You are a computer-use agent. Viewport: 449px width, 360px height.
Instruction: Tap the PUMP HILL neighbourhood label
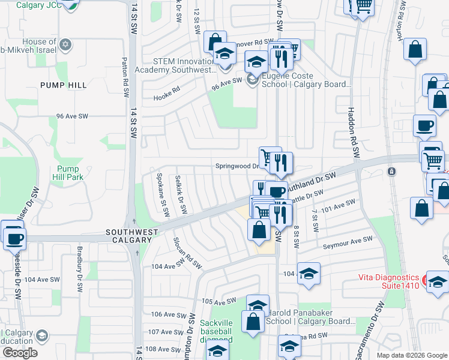coord(64,85)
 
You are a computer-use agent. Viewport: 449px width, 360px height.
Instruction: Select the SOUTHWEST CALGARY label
coord(131,236)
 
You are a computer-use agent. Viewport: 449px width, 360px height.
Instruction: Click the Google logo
coord(20,353)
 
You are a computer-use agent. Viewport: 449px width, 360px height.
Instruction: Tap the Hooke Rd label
coord(166,95)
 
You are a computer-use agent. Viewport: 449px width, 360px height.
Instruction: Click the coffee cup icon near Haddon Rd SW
coord(424,126)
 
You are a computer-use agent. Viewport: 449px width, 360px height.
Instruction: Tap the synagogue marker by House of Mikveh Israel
coord(65,45)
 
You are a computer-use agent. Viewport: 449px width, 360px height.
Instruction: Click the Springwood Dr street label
coord(237,166)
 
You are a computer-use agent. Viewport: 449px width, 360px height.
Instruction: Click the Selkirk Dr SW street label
coord(178,196)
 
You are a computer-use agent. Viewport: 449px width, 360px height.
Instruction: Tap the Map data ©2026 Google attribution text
coord(411,355)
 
